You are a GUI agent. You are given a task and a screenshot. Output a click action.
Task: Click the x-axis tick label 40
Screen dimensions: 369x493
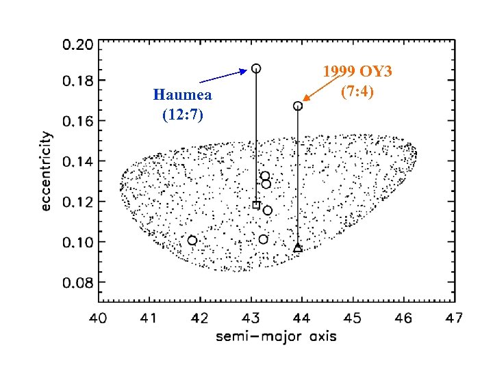(99, 318)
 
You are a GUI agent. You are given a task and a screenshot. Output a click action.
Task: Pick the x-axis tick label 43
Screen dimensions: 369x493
(251, 318)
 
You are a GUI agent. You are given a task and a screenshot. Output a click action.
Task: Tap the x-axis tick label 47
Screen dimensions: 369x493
(453, 318)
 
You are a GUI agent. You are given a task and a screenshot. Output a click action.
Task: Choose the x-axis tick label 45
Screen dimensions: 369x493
(353, 318)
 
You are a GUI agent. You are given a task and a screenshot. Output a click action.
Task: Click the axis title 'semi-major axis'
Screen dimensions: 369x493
(276, 336)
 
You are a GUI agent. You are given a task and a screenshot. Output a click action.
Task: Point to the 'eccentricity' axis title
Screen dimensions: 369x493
(45, 171)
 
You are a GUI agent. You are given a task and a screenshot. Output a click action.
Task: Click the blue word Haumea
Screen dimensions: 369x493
(182, 94)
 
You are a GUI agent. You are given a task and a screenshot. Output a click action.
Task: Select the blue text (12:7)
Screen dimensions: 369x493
(182, 115)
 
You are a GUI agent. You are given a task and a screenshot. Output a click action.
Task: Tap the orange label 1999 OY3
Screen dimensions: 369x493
(367, 72)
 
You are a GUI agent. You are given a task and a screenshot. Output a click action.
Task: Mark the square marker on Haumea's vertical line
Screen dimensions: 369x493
(256, 205)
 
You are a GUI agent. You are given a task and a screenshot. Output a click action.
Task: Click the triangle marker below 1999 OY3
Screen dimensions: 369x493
(298, 248)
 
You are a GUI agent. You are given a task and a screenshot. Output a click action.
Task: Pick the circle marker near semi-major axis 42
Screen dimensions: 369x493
(192, 241)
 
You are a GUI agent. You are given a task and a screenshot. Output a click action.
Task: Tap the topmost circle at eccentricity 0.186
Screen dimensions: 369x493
(256, 68)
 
